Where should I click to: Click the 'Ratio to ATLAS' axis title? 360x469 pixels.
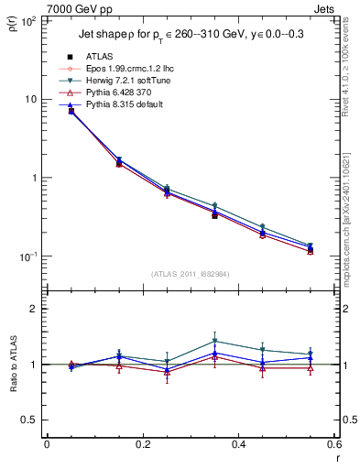tap(13, 364)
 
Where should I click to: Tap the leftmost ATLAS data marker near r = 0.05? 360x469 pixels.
tap(71, 111)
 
